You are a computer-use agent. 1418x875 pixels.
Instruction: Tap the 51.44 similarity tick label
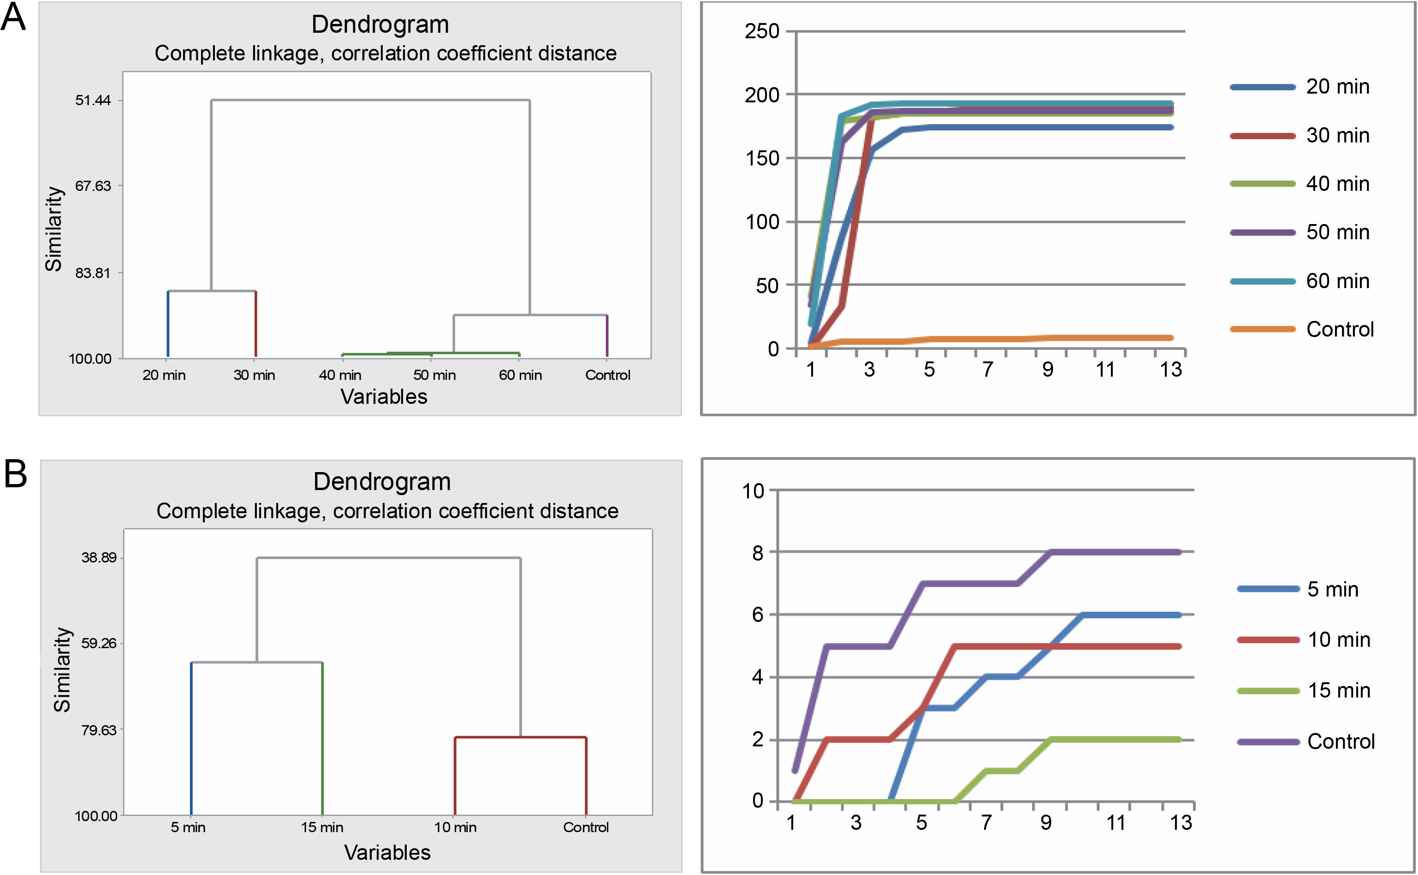click(93, 100)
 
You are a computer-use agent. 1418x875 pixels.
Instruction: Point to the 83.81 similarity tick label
click(93, 272)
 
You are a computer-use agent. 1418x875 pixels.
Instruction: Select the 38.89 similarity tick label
click(98, 557)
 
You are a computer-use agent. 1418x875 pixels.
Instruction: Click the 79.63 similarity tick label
click(98, 730)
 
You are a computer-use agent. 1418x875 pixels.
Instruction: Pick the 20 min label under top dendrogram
click(164, 375)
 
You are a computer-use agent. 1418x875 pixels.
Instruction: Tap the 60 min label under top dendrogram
click(520, 375)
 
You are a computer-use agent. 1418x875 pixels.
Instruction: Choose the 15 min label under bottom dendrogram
click(322, 827)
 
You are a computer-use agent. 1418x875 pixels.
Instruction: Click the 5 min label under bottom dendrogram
click(188, 827)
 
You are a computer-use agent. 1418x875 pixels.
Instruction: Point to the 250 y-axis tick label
click(762, 31)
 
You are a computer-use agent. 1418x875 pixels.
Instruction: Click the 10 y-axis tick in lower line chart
click(753, 491)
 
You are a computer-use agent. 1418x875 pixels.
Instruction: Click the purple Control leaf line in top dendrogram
click(607, 336)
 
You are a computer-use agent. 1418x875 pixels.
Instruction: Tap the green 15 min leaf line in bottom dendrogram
click(322, 738)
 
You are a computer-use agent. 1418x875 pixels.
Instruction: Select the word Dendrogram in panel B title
click(382, 481)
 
